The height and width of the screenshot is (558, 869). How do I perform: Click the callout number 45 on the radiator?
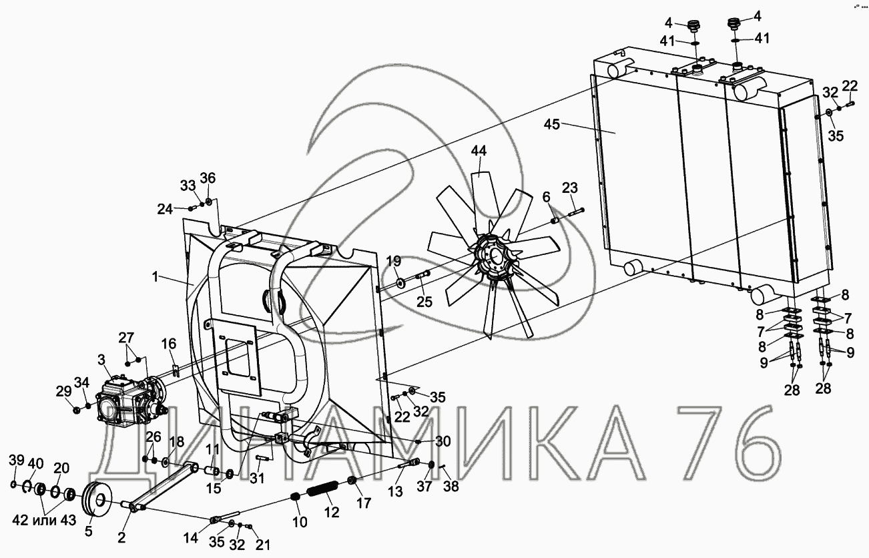click(x=552, y=124)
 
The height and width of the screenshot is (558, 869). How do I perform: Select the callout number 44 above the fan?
click(x=479, y=151)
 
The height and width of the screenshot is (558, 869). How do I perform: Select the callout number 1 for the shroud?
click(x=155, y=277)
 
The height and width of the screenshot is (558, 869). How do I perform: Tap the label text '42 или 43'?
click(x=44, y=520)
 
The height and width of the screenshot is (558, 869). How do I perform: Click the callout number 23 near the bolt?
click(x=569, y=188)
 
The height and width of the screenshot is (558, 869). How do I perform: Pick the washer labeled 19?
click(x=400, y=282)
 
